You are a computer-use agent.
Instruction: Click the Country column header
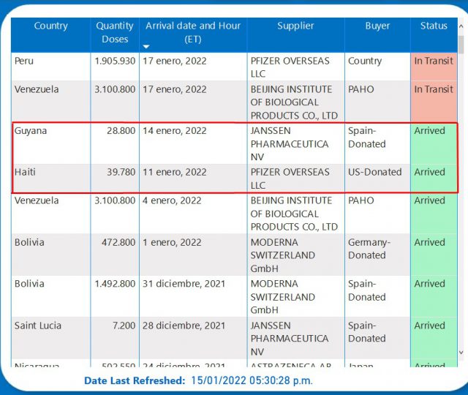[x=50, y=26]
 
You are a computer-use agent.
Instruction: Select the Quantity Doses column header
[x=115, y=32]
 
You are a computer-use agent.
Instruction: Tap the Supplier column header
[x=295, y=26]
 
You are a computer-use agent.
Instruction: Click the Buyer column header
[x=377, y=26]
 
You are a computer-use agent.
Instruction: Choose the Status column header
[x=434, y=26]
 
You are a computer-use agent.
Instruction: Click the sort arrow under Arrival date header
[x=146, y=47]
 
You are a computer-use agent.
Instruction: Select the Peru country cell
[x=24, y=61]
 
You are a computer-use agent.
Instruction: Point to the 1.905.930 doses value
[x=115, y=61]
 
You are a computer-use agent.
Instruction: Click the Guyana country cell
[x=30, y=131]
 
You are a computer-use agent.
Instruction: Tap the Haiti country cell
[x=25, y=173]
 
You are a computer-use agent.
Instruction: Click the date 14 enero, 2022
[x=175, y=131]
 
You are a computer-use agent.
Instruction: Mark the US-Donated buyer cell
[x=375, y=173]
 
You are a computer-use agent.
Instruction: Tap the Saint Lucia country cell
[x=38, y=326]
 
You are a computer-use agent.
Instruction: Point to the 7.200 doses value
[x=123, y=326]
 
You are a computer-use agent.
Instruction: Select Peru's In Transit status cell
[x=434, y=61]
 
